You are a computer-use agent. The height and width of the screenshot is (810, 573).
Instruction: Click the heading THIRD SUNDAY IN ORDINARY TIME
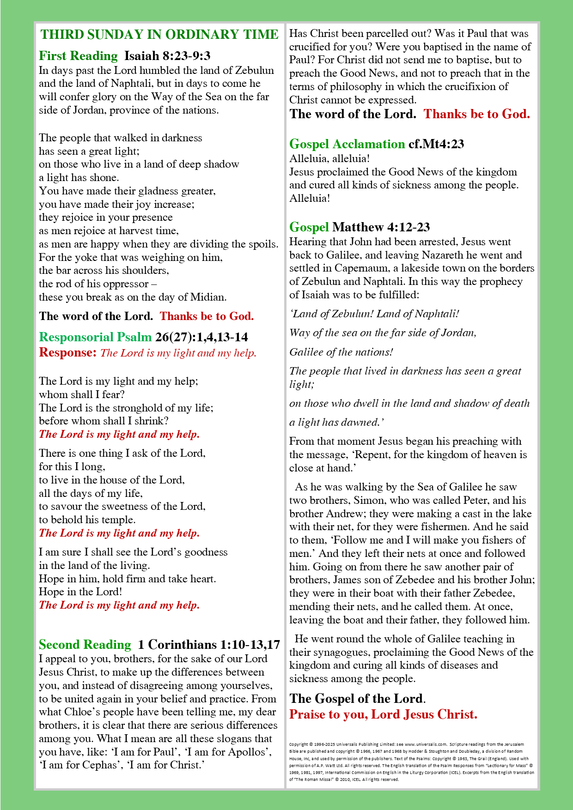(159, 35)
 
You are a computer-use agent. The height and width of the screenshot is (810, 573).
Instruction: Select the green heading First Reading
(78, 56)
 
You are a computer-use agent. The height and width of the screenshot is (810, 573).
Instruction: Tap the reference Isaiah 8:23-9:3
(167, 56)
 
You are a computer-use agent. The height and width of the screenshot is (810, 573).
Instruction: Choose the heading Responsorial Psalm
(95, 337)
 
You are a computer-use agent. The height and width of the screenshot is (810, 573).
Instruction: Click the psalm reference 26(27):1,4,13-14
(201, 337)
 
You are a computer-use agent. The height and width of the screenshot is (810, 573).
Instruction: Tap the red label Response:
(67, 353)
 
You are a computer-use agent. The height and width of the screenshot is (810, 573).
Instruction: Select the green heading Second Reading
(85, 645)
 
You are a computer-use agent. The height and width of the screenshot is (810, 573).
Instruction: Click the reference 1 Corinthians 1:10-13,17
(209, 645)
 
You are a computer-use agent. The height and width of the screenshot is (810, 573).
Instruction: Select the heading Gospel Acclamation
(347, 144)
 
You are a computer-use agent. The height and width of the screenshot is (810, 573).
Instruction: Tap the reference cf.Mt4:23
(436, 144)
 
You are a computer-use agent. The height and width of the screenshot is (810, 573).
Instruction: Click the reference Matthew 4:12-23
(381, 227)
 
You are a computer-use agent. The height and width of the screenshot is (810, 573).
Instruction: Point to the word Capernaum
(361, 268)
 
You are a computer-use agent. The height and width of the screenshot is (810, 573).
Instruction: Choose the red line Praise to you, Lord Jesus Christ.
(383, 714)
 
